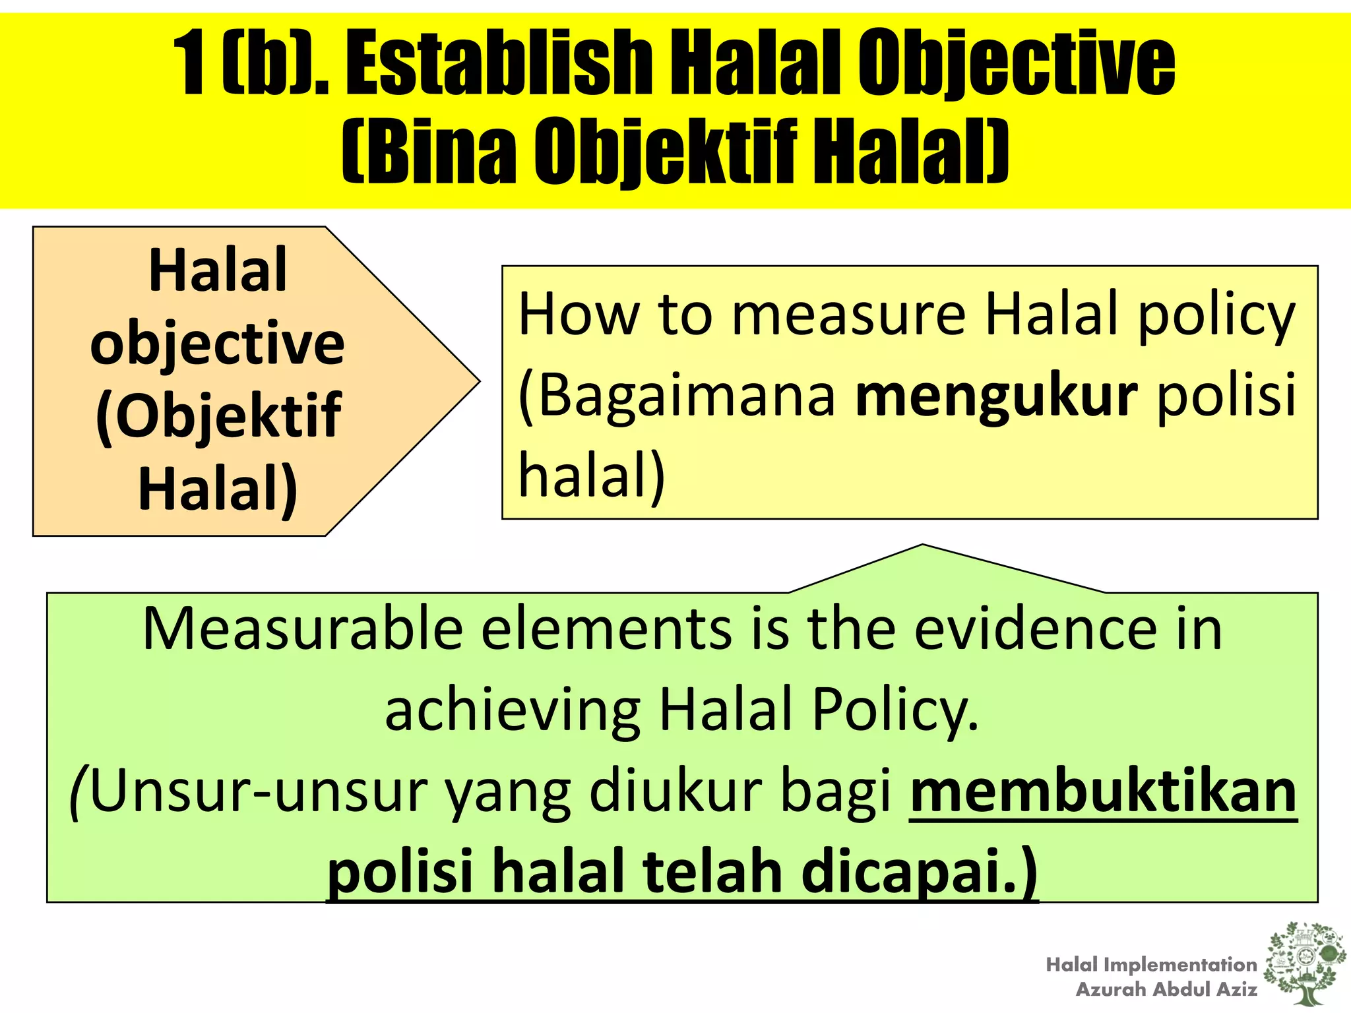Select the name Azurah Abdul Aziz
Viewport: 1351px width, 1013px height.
[x=1166, y=989]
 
